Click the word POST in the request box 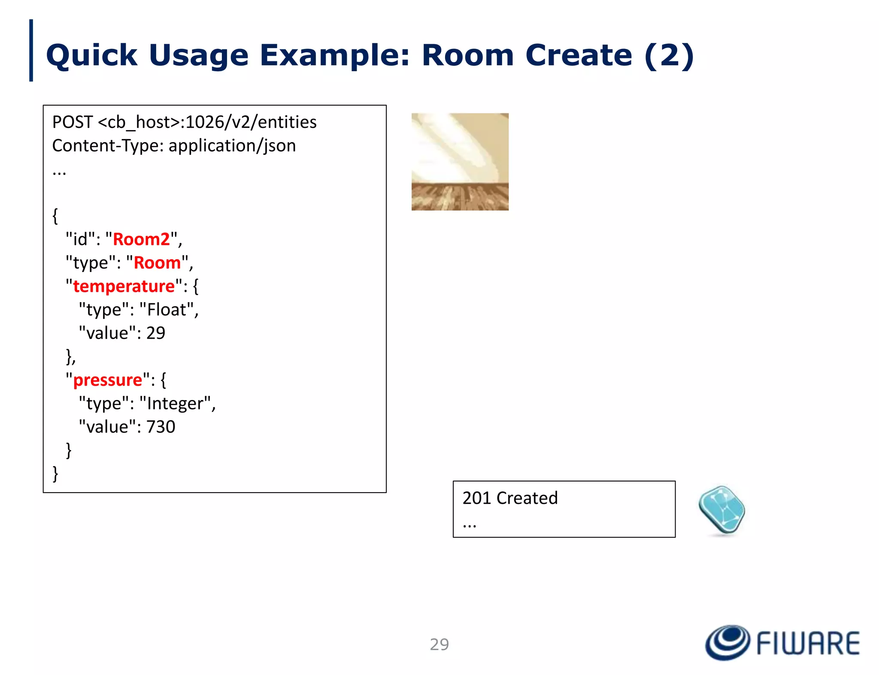point(72,122)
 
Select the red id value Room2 point(141,239)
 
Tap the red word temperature point(124,286)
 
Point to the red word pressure point(107,380)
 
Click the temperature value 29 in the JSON point(156,333)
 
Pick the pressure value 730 point(161,427)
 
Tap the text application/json point(232,146)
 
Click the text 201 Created point(510,498)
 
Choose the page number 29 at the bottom point(439,644)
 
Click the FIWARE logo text point(808,643)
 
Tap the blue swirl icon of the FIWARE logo point(727,642)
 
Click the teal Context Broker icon point(722,510)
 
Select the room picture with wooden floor point(460,162)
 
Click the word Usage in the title point(198,56)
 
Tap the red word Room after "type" point(157,263)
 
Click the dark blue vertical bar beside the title point(31,50)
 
